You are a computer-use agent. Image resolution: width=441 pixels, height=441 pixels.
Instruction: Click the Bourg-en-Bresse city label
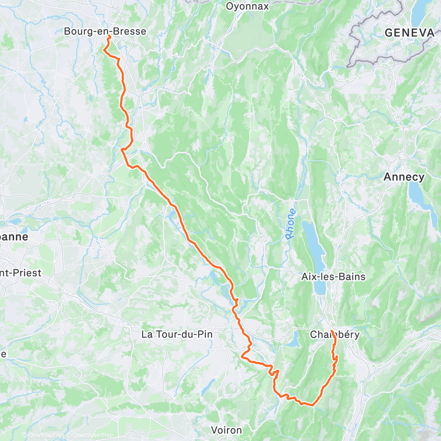click(x=105, y=31)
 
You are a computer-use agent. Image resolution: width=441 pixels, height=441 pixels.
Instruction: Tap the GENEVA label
click(x=409, y=33)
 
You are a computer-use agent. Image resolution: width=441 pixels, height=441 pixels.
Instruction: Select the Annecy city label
click(x=404, y=177)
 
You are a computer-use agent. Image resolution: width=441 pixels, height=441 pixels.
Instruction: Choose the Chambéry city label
click(x=335, y=334)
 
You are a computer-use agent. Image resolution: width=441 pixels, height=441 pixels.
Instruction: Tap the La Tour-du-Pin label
click(x=177, y=334)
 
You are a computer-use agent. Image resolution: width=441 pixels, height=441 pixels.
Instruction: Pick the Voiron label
click(x=226, y=430)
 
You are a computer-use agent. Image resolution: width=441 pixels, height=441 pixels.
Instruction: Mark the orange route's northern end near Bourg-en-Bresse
click(x=108, y=37)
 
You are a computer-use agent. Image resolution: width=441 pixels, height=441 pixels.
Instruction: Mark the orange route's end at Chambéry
click(x=331, y=330)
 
